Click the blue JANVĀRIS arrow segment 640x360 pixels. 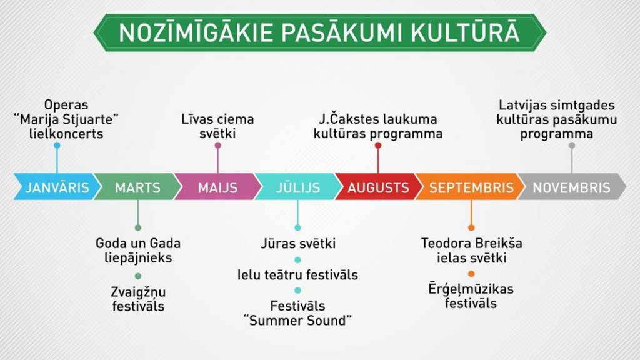(57, 187)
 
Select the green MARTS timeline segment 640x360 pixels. (137, 187)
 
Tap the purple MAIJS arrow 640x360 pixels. (217, 187)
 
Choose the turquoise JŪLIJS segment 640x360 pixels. (298, 187)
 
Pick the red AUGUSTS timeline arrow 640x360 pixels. (378, 187)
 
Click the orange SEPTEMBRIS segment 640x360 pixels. (470, 187)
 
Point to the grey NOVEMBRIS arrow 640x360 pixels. (571, 187)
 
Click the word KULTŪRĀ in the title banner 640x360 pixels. (465, 32)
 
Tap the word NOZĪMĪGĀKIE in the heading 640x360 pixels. (196, 33)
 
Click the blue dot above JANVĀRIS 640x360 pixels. (57, 145)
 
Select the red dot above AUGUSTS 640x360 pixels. (378, 145)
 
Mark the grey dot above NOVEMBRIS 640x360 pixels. (572, 145)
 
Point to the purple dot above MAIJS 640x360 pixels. (218, 145)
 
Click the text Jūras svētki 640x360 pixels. (298, 244)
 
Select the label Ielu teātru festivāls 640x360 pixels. (297, 275)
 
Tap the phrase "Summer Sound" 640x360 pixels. (297, 321)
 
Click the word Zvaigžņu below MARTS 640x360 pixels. (138, 292)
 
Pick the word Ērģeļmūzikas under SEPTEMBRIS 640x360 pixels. (471, 289)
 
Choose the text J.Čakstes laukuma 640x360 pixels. (378, 119)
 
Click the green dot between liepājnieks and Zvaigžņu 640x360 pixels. (138, 276)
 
